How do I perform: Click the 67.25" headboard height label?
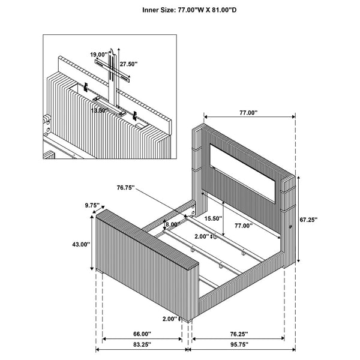(x=308, y=220)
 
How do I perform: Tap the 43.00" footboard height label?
(x=81, y=245)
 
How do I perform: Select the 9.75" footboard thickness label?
(x=92, y=205)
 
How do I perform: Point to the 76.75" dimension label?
(x=125, y=188)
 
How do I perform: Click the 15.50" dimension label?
(x=213, y=218)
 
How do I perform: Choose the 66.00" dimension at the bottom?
(x=142, y=334)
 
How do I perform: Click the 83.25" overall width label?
(x=142, y=344)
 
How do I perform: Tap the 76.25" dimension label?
(x=239, y=334)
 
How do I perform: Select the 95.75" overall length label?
(x=239, y=344)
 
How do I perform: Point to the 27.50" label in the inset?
(x=128, y=64)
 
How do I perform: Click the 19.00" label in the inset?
(x=99, y=55)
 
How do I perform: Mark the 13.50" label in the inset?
(x=100, y=110)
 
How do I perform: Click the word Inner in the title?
(x=151, y=10)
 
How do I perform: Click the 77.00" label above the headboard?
(x=248, y=113)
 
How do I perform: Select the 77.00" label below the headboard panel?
(x=244, y=226)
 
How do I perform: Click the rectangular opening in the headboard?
(x=242, y=173)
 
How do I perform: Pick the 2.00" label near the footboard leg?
(x=170, y=319)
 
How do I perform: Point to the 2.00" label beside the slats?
(x=202, y=236)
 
